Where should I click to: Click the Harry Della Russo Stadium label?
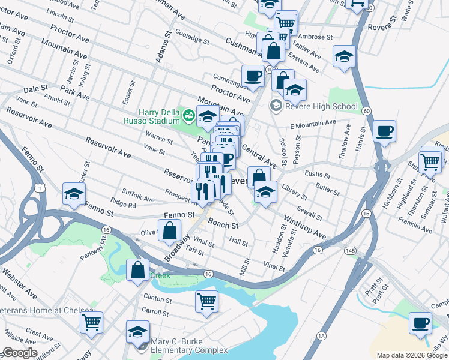pyautogui.click(x=159, y=116)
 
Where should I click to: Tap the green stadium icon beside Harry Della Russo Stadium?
pyautogui.click(x=189, y=113)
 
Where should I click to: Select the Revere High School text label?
pyautogui.click(x=322, y=107)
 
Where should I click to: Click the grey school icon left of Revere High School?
pyautogui.click(x=276, y=106)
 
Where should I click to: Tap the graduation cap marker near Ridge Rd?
pyautogui.click(x=74, y=194)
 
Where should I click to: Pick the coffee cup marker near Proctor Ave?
pyautogui.click(x=253, y=76)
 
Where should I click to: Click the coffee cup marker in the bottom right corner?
pyautogui.click(x=420, y=322)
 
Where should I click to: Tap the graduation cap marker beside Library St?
pyautogui.click(x=264, y=192)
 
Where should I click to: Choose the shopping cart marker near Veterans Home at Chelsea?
pyautogui.click(x=92, y=322)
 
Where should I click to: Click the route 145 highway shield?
pyautogui.click(x=349, y=249)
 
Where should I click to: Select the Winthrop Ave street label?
pyautogui.click(x=304, y=227)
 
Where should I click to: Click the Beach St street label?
pyautogui.click(x=223, y=224)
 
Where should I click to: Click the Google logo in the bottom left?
pyautogui.click(x=20, y=353)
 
